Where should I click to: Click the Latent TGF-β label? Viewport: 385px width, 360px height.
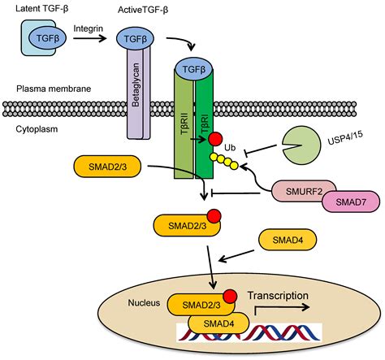click(41, 8)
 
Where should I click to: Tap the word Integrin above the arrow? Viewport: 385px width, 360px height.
click(89, 28)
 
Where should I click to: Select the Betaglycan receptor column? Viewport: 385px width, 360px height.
click(138, 92)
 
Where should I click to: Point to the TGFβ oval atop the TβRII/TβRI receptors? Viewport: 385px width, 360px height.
click(194, 69)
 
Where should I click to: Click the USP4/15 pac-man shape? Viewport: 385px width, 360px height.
click(301, 145)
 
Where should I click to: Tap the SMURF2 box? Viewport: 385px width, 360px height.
click(304, 191)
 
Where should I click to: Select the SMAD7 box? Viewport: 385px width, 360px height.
click(351, 202)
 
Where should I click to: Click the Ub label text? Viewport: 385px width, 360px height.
click(230, 148)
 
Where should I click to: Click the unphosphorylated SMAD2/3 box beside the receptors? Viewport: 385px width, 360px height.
click(107, 167)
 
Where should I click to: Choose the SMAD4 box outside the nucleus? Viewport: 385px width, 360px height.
click(288, 240)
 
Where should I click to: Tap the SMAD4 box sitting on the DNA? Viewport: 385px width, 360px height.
click(218, 323)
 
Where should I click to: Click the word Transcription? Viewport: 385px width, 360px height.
click(278, 296)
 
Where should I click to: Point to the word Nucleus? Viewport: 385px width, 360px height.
click(144, 302)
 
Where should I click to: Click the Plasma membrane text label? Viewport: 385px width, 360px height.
click(54, 89)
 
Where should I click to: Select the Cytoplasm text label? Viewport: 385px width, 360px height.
click(37, 129)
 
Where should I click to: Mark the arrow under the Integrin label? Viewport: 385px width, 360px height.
click(90, 38)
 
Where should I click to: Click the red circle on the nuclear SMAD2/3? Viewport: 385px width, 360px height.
click(230, 297)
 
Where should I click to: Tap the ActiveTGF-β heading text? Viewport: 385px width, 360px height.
click(143, 10)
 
